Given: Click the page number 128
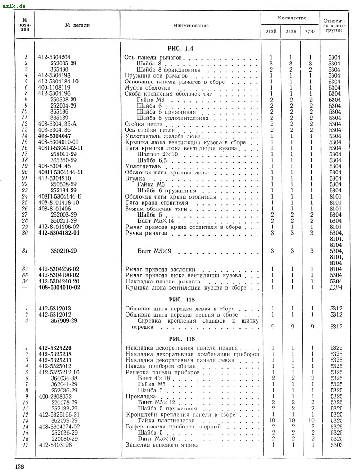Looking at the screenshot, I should click(19, 466).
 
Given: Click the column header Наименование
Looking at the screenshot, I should click(191, 25).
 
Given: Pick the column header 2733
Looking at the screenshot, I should click(311, 32).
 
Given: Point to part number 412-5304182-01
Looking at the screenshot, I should click(59, 233).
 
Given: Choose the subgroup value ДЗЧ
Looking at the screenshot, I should click(336, 288).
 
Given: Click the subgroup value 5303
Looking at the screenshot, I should click(336, 445).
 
